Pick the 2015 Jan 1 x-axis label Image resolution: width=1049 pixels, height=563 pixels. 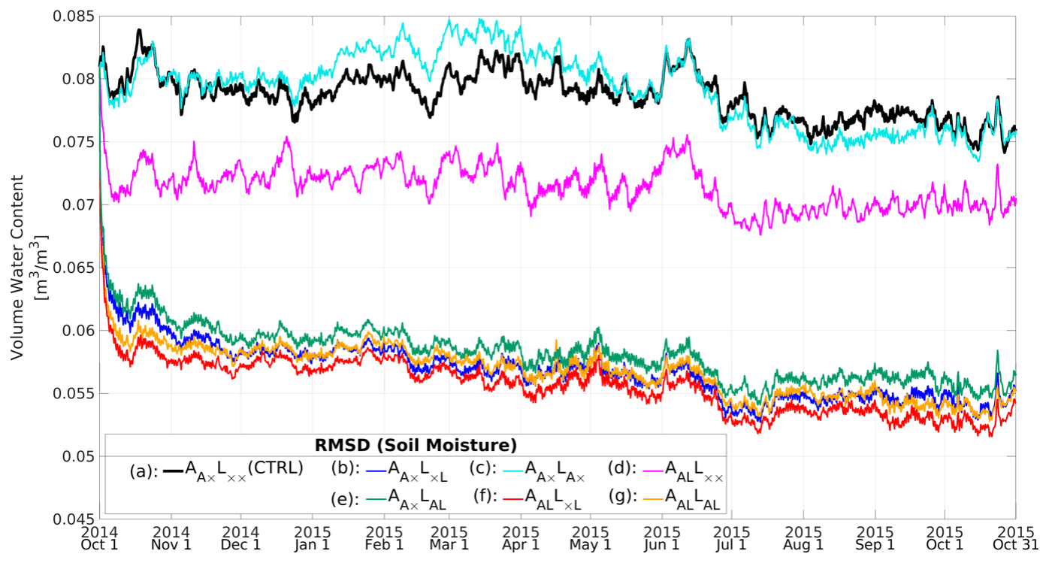point(312,537)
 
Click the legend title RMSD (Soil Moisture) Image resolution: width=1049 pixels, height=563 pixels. point(415,443)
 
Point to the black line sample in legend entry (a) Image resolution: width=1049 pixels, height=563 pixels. point(173,470)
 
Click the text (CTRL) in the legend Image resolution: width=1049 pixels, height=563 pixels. point(276,468)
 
